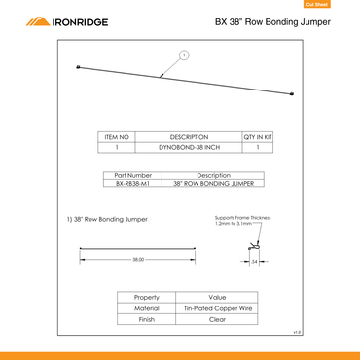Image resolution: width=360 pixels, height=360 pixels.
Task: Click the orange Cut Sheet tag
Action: pyautogui.click(x=342, y=4)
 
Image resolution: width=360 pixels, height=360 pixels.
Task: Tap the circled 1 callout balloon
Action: pyautogui.click(x=182, y=54)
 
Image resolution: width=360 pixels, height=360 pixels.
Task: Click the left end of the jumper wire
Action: pyautogui.click(x=78, y=66)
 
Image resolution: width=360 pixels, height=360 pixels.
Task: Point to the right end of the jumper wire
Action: pyautogui.click(x=293, y=93)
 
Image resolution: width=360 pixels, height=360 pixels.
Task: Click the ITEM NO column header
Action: pyautogui.click(x=117, y=138)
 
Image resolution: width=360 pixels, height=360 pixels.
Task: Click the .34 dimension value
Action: pyautogui.click(x=253, y=261)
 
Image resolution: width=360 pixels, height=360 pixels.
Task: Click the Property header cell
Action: pyautogui.click(x=147, y=296)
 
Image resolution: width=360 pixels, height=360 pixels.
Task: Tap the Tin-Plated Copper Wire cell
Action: pyautogui.click(x=217, y=307)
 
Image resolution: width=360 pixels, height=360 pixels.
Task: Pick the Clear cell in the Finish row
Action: pyautogui.click(x=217, y=319)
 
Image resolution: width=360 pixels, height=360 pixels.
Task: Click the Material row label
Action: pyautogui.click(x=147, y=307)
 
